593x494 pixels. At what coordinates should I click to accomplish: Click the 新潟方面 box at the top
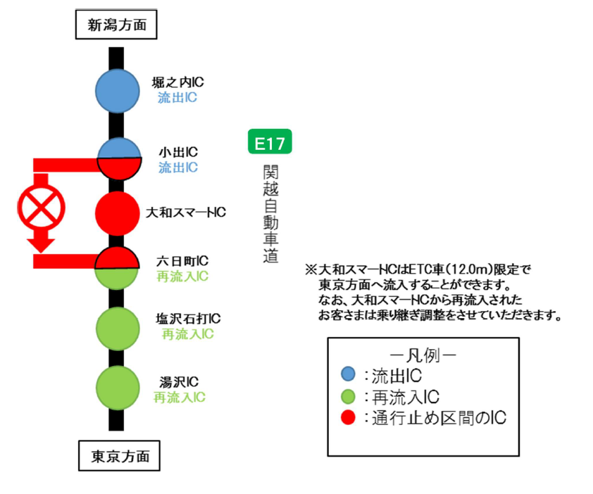pos(116,26)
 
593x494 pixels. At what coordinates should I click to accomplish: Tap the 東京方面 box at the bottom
pos(119,455)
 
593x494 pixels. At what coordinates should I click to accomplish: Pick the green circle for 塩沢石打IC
pos(118,327)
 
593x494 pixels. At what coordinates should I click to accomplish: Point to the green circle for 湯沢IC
pos(118,388)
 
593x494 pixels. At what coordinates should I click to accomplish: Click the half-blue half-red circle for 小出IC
pos(118,159)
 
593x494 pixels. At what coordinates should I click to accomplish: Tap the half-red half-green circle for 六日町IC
pos(118,268)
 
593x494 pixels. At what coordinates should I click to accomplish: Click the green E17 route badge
pos(270,144)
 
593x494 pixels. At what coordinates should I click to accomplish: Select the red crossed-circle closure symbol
pos(42,206)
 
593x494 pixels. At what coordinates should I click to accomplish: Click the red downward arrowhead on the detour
pos(42,243)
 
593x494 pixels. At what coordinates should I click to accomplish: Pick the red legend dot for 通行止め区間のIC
pos(347,418)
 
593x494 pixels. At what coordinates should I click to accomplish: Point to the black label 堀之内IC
pos(178,83)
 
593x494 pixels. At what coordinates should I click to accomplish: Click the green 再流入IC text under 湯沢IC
pos(180,398)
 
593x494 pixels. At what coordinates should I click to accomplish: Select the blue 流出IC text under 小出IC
pos(178,167)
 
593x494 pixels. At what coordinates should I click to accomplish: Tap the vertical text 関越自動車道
pos(270,214)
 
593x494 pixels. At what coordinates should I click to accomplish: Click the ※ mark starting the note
pos(311,270)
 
